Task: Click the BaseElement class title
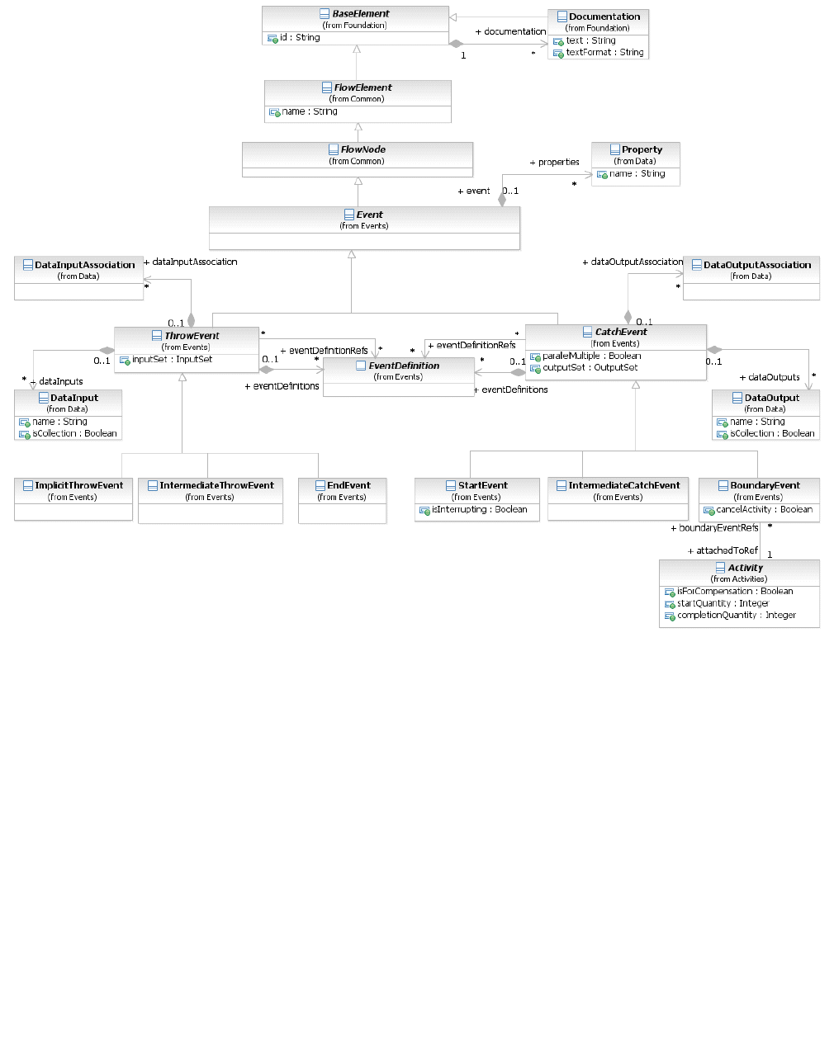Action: click(360, 14)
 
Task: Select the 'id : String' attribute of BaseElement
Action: click(299, 37)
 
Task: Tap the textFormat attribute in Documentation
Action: click(604, 52)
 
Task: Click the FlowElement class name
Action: click(363, 87)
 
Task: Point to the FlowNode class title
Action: click(363, 149)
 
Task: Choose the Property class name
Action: click(642, 149)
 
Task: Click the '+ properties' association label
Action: click(554, 162)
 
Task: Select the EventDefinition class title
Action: click(404, 366)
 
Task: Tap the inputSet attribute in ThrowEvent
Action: click(172, 359)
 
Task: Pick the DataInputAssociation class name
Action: click(84, 265)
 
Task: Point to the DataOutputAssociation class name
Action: click(756, 265)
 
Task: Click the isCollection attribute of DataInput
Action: click(74, 433)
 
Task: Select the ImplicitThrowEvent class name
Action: click(78, 485)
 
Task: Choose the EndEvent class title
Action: click(348, 485)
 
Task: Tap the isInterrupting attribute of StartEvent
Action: click(479, 509)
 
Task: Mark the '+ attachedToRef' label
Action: click(723, 550)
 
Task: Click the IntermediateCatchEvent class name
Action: click(623, 485)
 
